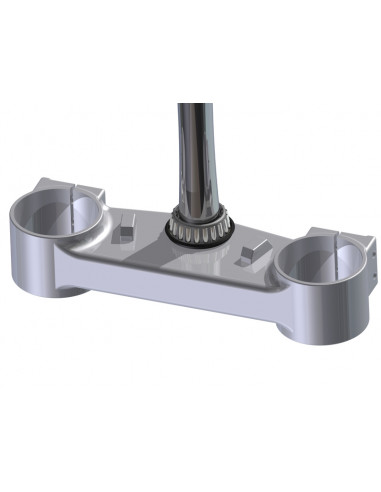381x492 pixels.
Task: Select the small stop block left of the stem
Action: [124, 232]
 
